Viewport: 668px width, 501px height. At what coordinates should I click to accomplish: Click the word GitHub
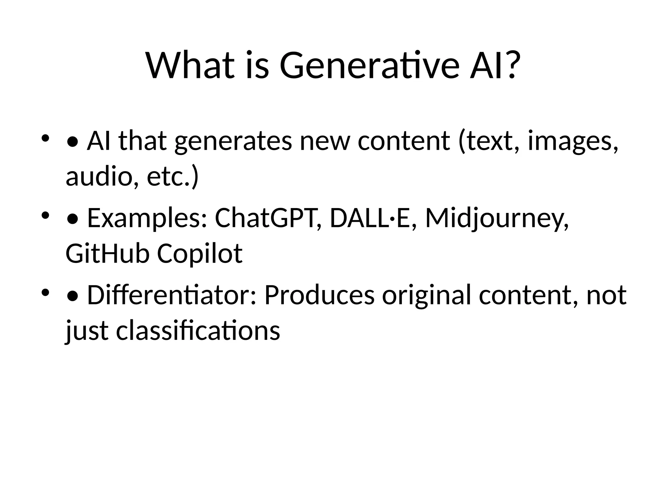coord(107,254)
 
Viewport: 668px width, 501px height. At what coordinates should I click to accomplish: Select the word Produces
coord(319,296)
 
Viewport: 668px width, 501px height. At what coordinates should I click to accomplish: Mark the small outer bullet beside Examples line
coord(45,215)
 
